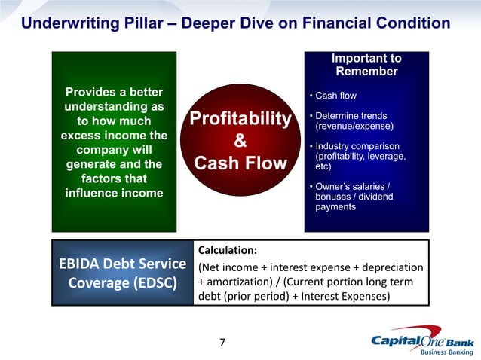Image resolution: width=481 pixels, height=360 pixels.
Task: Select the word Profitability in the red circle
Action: [240, 119]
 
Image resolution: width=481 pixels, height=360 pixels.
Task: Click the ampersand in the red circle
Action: [240, 141]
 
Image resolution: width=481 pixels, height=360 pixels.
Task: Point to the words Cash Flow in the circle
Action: [240, 163]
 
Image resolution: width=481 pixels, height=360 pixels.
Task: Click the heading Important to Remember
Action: [366, 65]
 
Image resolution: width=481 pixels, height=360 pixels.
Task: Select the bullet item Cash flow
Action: [335, 96]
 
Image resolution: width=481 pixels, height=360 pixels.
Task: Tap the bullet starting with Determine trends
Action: [351, 121]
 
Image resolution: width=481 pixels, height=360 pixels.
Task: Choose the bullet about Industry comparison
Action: [357, 156]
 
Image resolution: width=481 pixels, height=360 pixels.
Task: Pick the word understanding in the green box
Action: [114, 106]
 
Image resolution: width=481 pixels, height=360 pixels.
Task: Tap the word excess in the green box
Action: [83, 135]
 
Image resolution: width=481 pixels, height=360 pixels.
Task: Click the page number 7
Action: [222, 343]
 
